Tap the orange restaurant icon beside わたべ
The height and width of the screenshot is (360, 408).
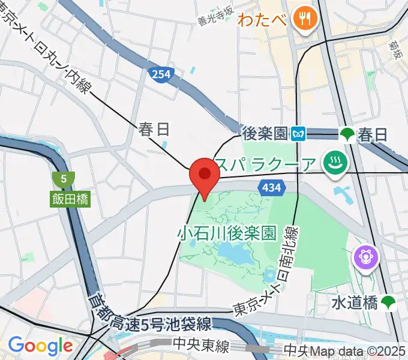click(305, 18)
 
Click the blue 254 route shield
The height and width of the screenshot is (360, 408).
click(158, 74)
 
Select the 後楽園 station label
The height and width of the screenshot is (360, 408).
click(266, 133)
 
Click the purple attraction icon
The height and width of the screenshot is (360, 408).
click(365, 257)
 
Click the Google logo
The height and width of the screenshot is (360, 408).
click(40, 346)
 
